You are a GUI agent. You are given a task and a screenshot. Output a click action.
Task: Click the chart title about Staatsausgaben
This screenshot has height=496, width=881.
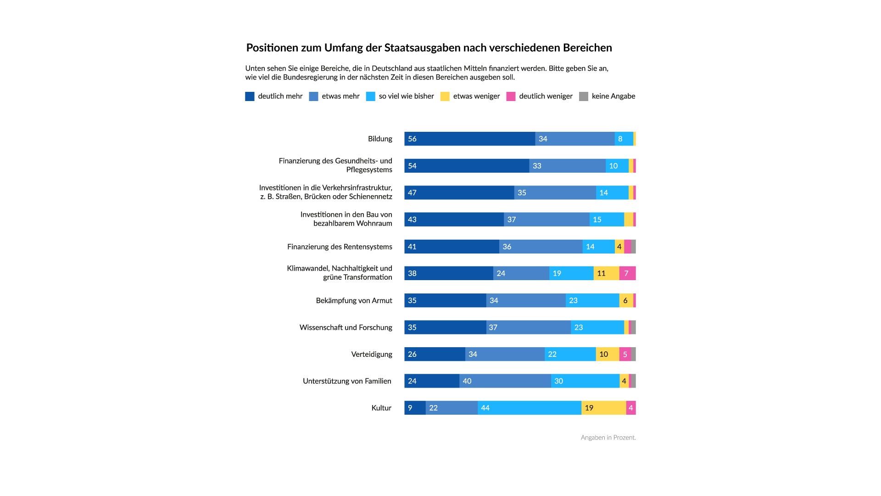[x=429, y=48]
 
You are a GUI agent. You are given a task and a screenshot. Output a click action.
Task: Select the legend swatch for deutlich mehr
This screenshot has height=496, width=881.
[x=250, y=96]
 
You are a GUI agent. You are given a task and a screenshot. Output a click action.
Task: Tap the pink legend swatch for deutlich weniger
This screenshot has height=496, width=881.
[x=511, y=96]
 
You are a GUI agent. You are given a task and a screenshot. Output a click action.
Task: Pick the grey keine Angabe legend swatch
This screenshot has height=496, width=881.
[x=584, y=96]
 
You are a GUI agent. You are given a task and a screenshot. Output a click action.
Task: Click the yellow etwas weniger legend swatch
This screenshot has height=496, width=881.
[x=445, y=96]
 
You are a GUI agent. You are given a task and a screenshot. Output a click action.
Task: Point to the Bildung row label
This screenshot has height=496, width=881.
[x=380, y=139]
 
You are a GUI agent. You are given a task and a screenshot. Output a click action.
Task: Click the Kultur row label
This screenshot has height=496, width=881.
[x=381, y=408]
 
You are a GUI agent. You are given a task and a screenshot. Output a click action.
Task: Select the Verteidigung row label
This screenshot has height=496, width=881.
[x=372, y=354]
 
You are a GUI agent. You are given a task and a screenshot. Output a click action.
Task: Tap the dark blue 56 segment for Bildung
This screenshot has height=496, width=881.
[x=469, y=139]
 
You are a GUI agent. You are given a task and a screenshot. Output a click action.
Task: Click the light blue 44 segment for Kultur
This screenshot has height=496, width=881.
[x=530, y=408]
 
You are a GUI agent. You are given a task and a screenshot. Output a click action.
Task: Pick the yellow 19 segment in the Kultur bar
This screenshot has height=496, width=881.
[x=604, y=408]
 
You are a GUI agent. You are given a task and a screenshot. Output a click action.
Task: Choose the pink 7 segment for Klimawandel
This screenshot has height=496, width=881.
[x=627, y=273]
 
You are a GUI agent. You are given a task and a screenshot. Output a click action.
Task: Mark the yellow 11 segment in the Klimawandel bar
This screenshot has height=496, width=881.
[x=606, y=273]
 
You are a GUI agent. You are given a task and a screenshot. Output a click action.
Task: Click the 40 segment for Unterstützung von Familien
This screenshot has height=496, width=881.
[x=505, y=381]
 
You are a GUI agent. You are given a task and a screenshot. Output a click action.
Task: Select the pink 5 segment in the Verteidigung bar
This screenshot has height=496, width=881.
[x=625, y=354]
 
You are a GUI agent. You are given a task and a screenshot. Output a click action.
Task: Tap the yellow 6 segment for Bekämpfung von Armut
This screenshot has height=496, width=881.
[x=626, y=300]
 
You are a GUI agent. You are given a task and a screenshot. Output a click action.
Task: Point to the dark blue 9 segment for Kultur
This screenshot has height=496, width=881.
[x=415, y=408]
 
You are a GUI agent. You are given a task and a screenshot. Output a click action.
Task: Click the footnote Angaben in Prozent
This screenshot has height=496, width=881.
[x=608, y=438]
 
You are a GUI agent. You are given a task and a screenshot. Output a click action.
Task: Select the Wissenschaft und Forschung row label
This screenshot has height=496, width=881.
[x=346, y=327]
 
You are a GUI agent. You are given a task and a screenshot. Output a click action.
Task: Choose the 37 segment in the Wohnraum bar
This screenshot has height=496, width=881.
[x=546, y=220]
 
